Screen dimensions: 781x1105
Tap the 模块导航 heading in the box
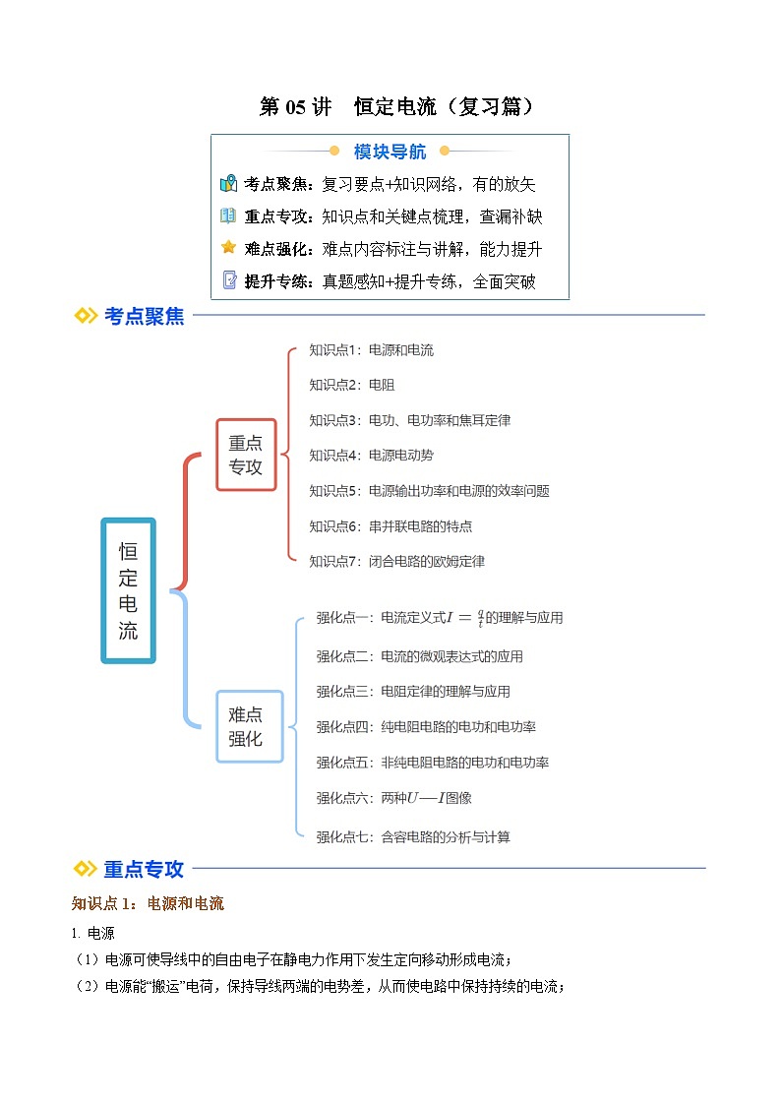(x=390, y=152)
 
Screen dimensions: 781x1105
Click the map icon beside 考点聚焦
(x=228, y=184)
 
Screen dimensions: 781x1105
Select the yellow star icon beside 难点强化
(x=228, y=248)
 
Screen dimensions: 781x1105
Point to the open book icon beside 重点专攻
(x=228, y=215)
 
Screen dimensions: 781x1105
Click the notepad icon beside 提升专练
(x=228, y=280)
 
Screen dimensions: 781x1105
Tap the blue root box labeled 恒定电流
(x=128, y=590)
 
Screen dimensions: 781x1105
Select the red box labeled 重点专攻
(x=246, y=455)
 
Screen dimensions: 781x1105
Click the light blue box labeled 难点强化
(x=246, y=727)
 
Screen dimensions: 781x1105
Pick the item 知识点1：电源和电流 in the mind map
(x=371, y=349)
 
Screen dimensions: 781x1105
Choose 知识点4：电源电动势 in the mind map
(x=371, y=456)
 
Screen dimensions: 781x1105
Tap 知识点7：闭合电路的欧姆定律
(x=396, y=562)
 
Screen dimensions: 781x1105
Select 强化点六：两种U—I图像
(x=393, y=798)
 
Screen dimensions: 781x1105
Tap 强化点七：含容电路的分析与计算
(x=413, y=837)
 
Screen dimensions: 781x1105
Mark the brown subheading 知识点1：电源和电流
(x=148, y=903)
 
